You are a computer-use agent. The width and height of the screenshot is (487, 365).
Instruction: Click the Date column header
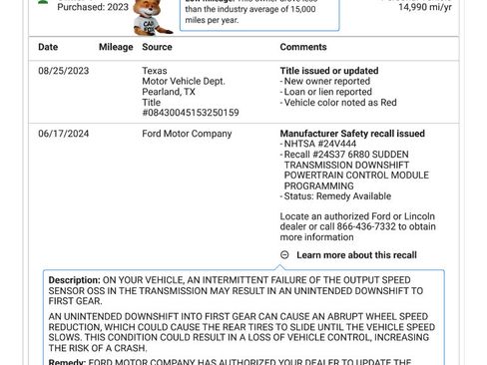48,47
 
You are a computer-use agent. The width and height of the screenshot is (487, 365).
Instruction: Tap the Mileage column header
116,47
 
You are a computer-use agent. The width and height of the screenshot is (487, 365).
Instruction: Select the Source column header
157,47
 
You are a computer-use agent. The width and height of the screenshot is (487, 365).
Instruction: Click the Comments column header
303,47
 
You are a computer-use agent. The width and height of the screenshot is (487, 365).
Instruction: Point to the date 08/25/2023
64,71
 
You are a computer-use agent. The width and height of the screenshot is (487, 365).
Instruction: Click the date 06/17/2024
64,134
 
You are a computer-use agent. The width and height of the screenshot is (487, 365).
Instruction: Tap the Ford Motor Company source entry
187,134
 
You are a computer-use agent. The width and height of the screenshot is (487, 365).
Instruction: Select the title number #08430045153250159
191,113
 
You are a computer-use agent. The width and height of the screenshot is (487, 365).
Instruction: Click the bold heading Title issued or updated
329,71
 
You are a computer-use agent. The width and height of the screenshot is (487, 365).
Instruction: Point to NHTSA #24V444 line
317,145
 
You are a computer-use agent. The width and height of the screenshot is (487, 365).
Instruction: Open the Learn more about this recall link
370,255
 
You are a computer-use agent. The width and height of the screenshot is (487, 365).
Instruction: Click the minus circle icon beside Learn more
285,255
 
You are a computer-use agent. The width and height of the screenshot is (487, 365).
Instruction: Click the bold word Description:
75,280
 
